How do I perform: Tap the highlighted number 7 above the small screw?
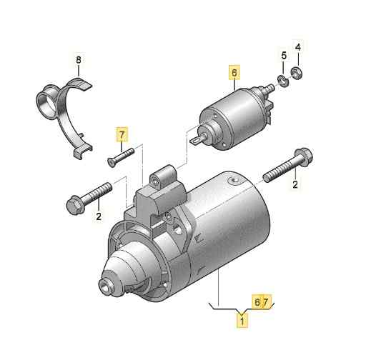coord(122,134)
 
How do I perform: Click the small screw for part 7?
coord(121,155)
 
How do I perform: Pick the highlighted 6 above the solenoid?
coord(232,72)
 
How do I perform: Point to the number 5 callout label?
coord(283,56)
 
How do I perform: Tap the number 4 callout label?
coord(299,47)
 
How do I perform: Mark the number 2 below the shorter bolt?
coord(98,216)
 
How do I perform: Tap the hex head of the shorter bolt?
coord(73,204)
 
